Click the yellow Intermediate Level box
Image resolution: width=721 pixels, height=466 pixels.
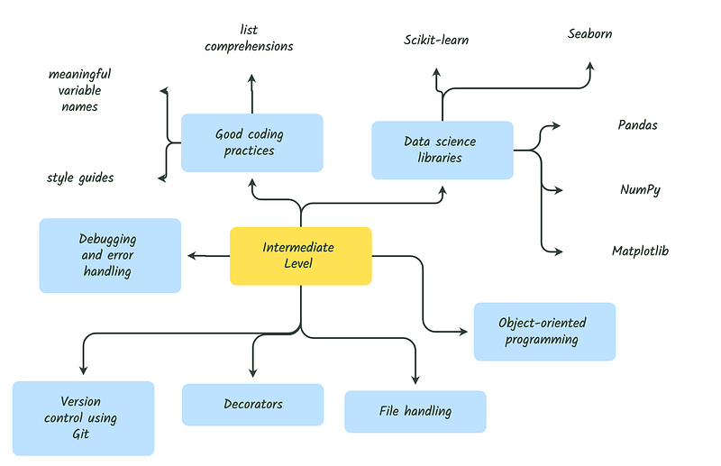pos(300,256)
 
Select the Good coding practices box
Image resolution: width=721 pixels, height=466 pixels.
pos(251,142)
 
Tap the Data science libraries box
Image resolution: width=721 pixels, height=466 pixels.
pos(442,150)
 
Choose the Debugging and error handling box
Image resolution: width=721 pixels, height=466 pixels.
pos(110,255)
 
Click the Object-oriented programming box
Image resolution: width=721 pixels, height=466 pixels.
pos(544,332)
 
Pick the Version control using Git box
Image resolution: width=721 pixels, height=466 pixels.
pos(83,417)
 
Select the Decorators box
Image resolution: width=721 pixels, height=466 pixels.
pos(252,405)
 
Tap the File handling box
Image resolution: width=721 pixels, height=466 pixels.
pos(415,411)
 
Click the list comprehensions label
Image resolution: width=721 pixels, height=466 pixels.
pos(250,39)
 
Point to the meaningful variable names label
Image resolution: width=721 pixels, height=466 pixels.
pos(79,90)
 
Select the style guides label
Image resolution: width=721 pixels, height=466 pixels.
pos(80,178)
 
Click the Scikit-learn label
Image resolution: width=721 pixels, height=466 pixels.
pos(436,40)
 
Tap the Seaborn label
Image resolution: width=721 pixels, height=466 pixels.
pos(590,34)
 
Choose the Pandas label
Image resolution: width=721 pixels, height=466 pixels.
pos(637,125)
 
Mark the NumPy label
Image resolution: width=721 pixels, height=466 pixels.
pos(640,190)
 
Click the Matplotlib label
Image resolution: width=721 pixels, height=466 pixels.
pos(640,251)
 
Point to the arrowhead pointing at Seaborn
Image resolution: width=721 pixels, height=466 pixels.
pos(590,67)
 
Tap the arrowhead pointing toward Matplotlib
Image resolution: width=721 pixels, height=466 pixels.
pos(561,251)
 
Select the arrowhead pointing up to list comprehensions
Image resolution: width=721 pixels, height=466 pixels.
pos(251,78)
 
